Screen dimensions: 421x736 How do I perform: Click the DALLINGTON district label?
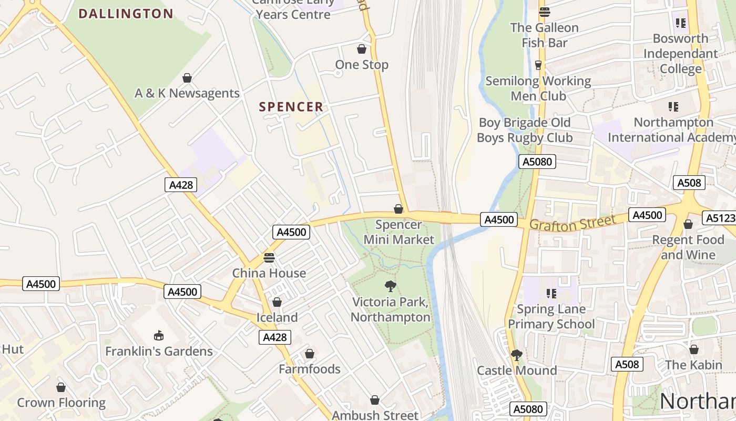pyautogui.click(x=126, y=14)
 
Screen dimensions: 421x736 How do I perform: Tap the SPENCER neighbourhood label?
pyautogui.click(x=291, y=107)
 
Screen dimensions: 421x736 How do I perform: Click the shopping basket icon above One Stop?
pyautogui.click(x=362, y=49)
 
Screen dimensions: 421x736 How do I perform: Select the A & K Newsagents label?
pyautogui.click(x=187, y=93)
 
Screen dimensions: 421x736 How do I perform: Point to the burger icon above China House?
pyautogui.click(x=269, y=258)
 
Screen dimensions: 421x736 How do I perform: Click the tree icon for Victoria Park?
pyautogui.click(x=390, y=286)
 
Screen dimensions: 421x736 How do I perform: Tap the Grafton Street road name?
pyautogui.click(x=572, y=223)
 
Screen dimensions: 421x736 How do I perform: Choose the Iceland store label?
pyautogui.click(x=277, y=317)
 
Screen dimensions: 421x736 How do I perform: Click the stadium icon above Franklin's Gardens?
pyautogui.click(x=158, y=335)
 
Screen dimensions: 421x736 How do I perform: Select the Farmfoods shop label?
pyautogui.click(x=310, y=369)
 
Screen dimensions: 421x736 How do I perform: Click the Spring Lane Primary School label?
pyautogui.click(x=551, y=316)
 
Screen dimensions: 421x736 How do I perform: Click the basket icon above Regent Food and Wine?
pyautogui.click(x=688, y=225)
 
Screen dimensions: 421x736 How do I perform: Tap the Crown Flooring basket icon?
pyautogui.click(x=61, y=388)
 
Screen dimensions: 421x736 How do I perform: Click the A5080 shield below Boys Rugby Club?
pyautogui.click(x=537, y=162)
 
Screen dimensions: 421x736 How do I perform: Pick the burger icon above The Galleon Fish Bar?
pyautogui.click(x=544, y=12)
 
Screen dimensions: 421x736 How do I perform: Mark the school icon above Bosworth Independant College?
pyautogui.click(x=681, y=23)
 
